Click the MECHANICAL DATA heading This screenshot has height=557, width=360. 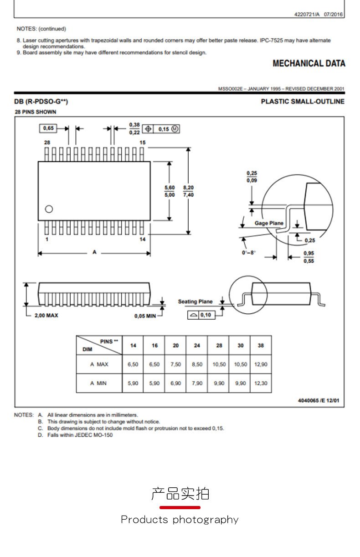coord(309,64)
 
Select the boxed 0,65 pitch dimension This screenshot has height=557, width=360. coord(48,128)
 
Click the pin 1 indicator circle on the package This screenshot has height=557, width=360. coord(49,209)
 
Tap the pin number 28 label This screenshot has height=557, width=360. coord(46,143)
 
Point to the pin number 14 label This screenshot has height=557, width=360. coord(143,240)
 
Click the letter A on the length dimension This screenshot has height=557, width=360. coord(94,252)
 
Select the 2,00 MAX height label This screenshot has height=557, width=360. coord(46,315)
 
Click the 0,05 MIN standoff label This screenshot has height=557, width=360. coord(145,316)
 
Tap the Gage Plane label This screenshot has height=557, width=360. coord(268,223)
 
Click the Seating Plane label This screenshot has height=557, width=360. coord(195,301)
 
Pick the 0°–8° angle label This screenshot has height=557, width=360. coord(249,252)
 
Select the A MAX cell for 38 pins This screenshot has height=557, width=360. coord(261,364)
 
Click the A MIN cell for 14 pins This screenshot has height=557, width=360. coord(133,383)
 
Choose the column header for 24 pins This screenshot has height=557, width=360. coord(197,345)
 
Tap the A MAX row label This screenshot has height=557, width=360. coord(99,364)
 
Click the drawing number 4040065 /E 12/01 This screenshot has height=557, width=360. coord(319,401)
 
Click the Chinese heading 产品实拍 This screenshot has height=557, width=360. coord(180,494)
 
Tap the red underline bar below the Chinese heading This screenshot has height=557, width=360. coord(180,507)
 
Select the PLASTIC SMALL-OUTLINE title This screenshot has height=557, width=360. coord(303,102)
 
